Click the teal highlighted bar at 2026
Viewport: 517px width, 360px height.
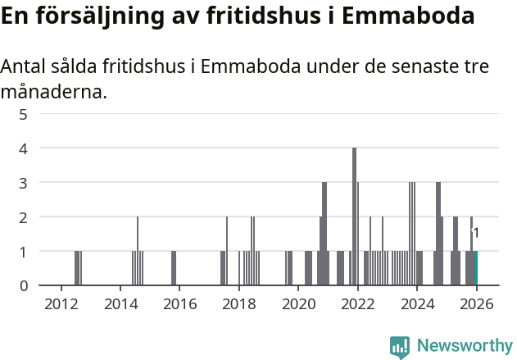(476, 268)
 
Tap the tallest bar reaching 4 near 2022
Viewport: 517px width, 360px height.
(354, 216)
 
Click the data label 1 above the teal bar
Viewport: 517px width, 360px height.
(476, 234)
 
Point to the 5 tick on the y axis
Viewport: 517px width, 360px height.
(23, 114)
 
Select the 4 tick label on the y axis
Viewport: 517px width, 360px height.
(23, 148)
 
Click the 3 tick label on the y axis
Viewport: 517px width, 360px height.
(23, 183)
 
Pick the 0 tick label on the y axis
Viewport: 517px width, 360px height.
(23, 285)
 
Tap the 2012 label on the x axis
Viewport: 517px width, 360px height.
(61, 304)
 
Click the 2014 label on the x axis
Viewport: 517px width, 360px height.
(120, 304)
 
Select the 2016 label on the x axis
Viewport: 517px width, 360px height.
(179, 304)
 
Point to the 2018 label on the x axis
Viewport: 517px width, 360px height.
(238, 304)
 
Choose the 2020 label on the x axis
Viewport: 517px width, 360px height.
(298, 304)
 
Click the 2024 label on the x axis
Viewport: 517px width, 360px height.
(417, 304)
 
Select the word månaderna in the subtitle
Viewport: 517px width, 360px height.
(53, 92)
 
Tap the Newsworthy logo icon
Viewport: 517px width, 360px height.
(400, 347)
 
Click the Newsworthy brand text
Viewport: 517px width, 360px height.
(464, 347)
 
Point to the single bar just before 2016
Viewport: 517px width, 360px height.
(174, 268)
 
